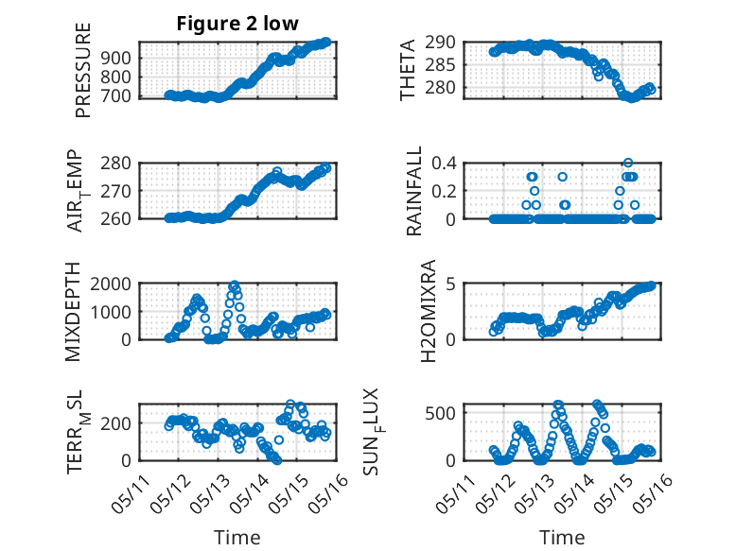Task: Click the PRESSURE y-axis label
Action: pyautogui.click(x=83, y=77)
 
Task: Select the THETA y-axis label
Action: pyautogui.click(x=408, y=70)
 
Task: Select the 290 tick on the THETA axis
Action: pyautogui.click(x=442, y=42)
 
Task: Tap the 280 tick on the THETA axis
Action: pyautogui.click(x=442, y=88)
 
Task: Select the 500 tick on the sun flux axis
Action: pyautogui.click(x=442, y=413)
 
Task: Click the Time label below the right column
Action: pyautogui.click(x=562, y=538)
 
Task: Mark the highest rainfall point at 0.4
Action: pyautogui.click(x=628, y=163)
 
